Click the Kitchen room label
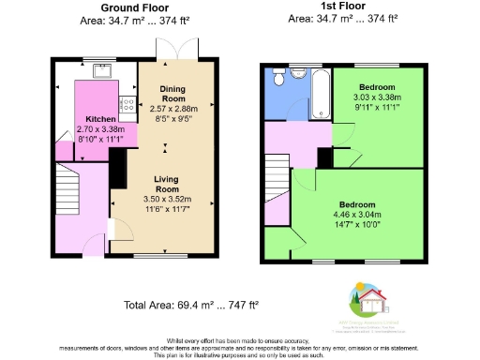[100, 119]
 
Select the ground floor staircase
[68, 188]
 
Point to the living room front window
[167, 253]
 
